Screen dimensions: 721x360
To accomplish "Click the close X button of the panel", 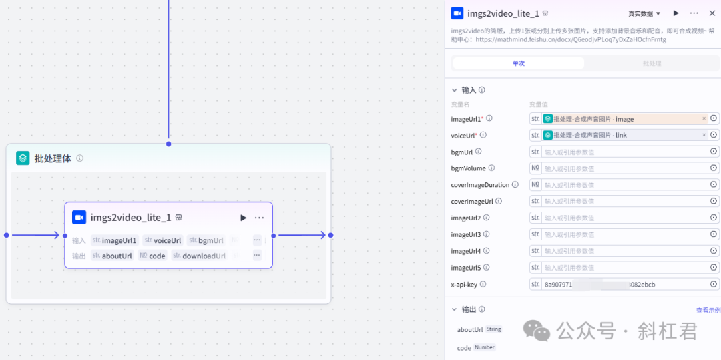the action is [x=712, y=13].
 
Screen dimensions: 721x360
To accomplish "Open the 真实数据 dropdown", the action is [x=644, y=13].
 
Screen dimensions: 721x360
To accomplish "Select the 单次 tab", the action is [x=518, y=63].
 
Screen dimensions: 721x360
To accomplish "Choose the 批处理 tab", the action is [x=651, y=63].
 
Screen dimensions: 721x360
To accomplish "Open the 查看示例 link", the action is [x=708, y=310].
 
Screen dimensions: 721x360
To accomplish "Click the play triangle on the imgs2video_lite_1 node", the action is [x=243, y=218].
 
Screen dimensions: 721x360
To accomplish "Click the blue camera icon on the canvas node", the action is [x=79, y=217].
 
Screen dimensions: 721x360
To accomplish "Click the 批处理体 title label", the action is [x=53, y=158].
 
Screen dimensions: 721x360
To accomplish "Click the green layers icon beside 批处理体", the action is [x=23, y=158].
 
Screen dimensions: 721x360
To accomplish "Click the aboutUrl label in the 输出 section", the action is [x=470, y=329].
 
